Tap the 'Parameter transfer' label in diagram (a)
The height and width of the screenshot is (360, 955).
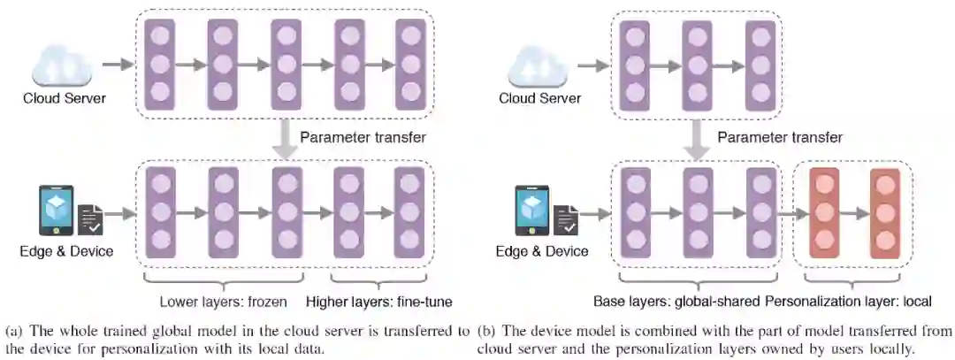(363, 137)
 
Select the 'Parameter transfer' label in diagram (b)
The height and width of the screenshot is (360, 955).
(779, 137)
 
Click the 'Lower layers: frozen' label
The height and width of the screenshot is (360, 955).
(223, 302)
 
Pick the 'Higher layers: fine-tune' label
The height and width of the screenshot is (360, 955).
(379, 302)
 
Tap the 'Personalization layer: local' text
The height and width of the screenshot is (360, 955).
(848, 301)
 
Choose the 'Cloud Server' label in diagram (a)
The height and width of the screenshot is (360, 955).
(65, 97)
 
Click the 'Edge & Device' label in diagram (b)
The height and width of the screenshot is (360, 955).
(541, 251)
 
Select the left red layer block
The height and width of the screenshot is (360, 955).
(824, 214)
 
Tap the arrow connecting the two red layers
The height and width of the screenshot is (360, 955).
(854, 214)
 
